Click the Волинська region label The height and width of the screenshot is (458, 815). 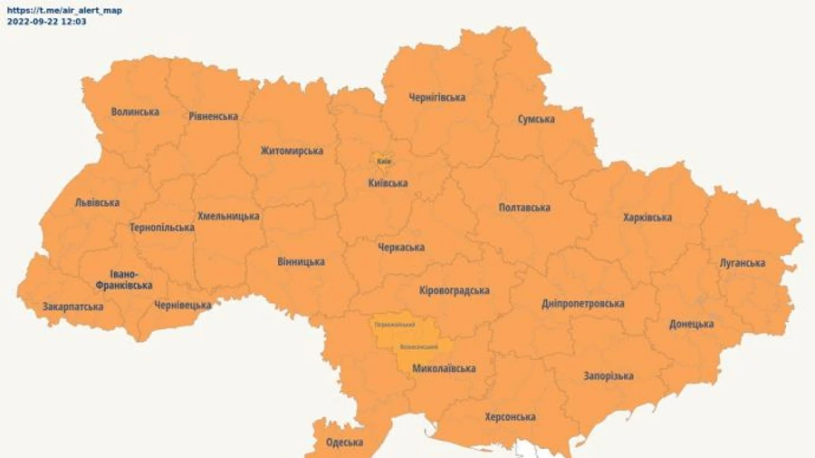click(x=135, y=112)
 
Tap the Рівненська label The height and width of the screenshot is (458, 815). click(x=214, y=116)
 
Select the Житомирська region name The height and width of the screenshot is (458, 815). click(x=292, y=151)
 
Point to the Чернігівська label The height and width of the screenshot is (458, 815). click(x=436, y=97)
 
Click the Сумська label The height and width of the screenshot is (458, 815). click(x=536, y=119)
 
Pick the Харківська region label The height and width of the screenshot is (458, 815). click(x=647, y=218)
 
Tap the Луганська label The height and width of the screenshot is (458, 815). click(x=743, y=264)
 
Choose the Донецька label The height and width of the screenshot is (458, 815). click(x=692, y=324)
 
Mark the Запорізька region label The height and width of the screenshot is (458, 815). click(x=609, y=375)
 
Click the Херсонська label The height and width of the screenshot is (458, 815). click(x=510, y=417)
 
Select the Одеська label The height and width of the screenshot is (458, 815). click(x=344, y=443)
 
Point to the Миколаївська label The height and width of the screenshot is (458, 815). click(x=444, y=368)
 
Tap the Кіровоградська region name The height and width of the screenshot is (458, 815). click(x=455, y=290)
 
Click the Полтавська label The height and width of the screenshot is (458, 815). click(x=524, y=208)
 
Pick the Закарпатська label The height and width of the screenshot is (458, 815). click(x=72, y=307)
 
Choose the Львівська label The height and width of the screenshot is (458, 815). click(x=97, y=202)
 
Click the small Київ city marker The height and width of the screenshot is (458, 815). click(x=384, y=161)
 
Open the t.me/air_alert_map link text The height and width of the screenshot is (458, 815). click(x=64, y=10)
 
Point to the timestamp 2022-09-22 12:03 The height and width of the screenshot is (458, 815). click(x=47, y=21)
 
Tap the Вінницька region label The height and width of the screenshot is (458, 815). click(x=301, y=262)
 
